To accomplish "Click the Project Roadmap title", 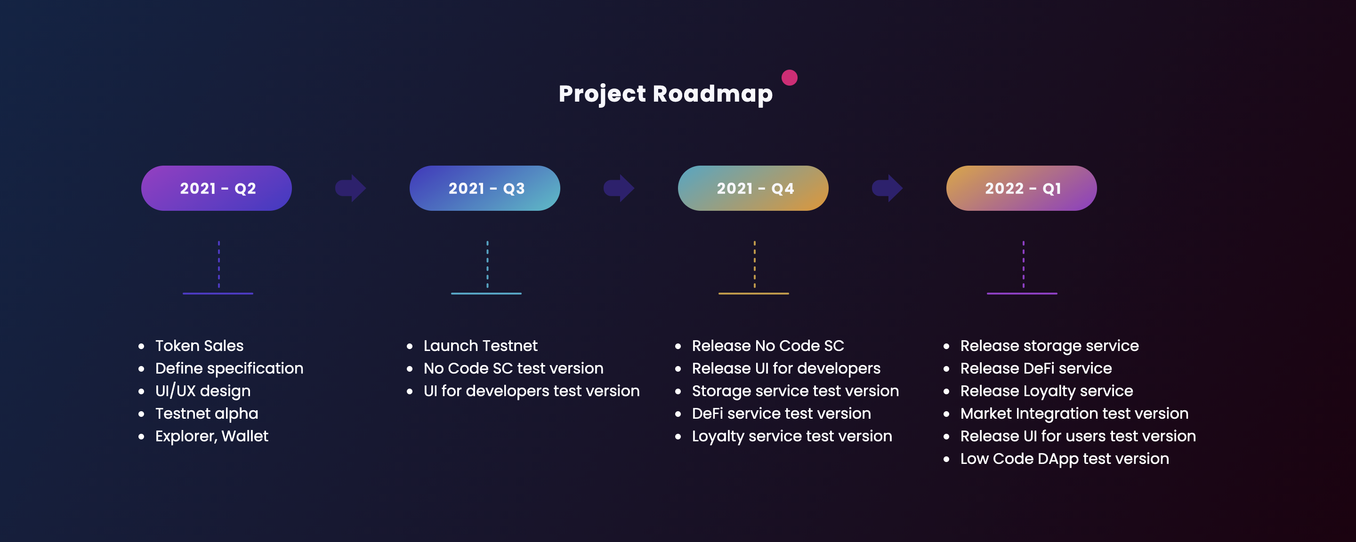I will point(665,94).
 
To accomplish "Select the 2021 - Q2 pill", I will point(217,188).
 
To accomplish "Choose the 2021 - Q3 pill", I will point(485,188).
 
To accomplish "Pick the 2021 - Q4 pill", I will point(753,188).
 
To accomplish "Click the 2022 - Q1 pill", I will point(1021,188).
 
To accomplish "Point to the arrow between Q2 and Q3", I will point(351,188).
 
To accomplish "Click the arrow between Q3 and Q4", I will point(619,188).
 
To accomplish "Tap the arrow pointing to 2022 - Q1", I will point(888,188).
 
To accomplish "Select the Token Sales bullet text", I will point(200,346).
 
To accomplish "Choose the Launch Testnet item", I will point(480,346).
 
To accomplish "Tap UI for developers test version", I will point(531,391).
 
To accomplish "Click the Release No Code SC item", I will point(767,346).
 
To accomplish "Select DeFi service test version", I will point(781,414).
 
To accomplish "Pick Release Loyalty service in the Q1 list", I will point(1047,391).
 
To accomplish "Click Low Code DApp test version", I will point(1065,459).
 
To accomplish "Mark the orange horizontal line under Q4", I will point(753,293).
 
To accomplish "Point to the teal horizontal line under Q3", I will point(486,293).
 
